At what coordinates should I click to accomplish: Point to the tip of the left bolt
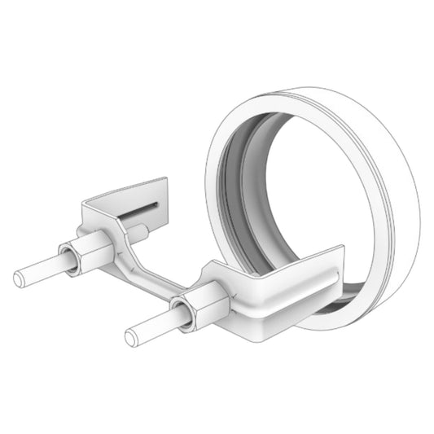click(x=20, y=278)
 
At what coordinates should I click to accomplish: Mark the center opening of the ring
click(x=293, y=204)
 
